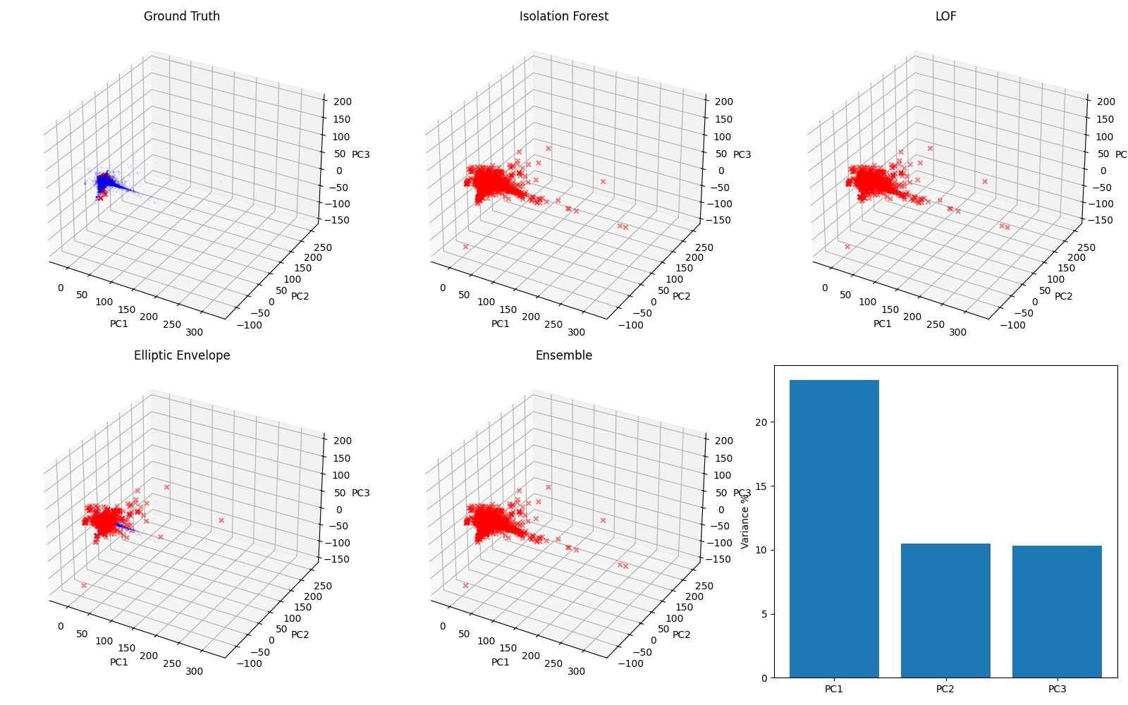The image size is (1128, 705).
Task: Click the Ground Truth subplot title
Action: tap(182, 16)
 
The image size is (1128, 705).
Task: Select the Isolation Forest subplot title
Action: tap(563, 16)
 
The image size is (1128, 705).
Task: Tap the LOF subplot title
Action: tap(945, 16)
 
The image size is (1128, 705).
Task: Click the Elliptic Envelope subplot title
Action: tap(182, 355)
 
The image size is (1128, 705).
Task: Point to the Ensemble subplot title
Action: tap(563, 355)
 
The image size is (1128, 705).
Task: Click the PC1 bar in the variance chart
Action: tap(834, 529)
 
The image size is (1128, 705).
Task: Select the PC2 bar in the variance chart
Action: tap(945, 611)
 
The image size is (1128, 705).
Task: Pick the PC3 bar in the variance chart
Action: tap(1057, 611)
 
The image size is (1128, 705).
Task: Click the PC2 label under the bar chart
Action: tap(945, 689)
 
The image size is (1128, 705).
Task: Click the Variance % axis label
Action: tap(745, 520)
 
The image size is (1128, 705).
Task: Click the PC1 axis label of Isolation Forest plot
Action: tap(501, 324)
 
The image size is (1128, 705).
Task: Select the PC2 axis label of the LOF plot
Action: tap(1063, 296)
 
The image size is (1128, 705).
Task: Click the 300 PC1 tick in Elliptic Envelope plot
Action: tap(195, 671)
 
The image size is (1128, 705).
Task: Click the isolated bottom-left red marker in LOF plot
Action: tap(847, 247)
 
